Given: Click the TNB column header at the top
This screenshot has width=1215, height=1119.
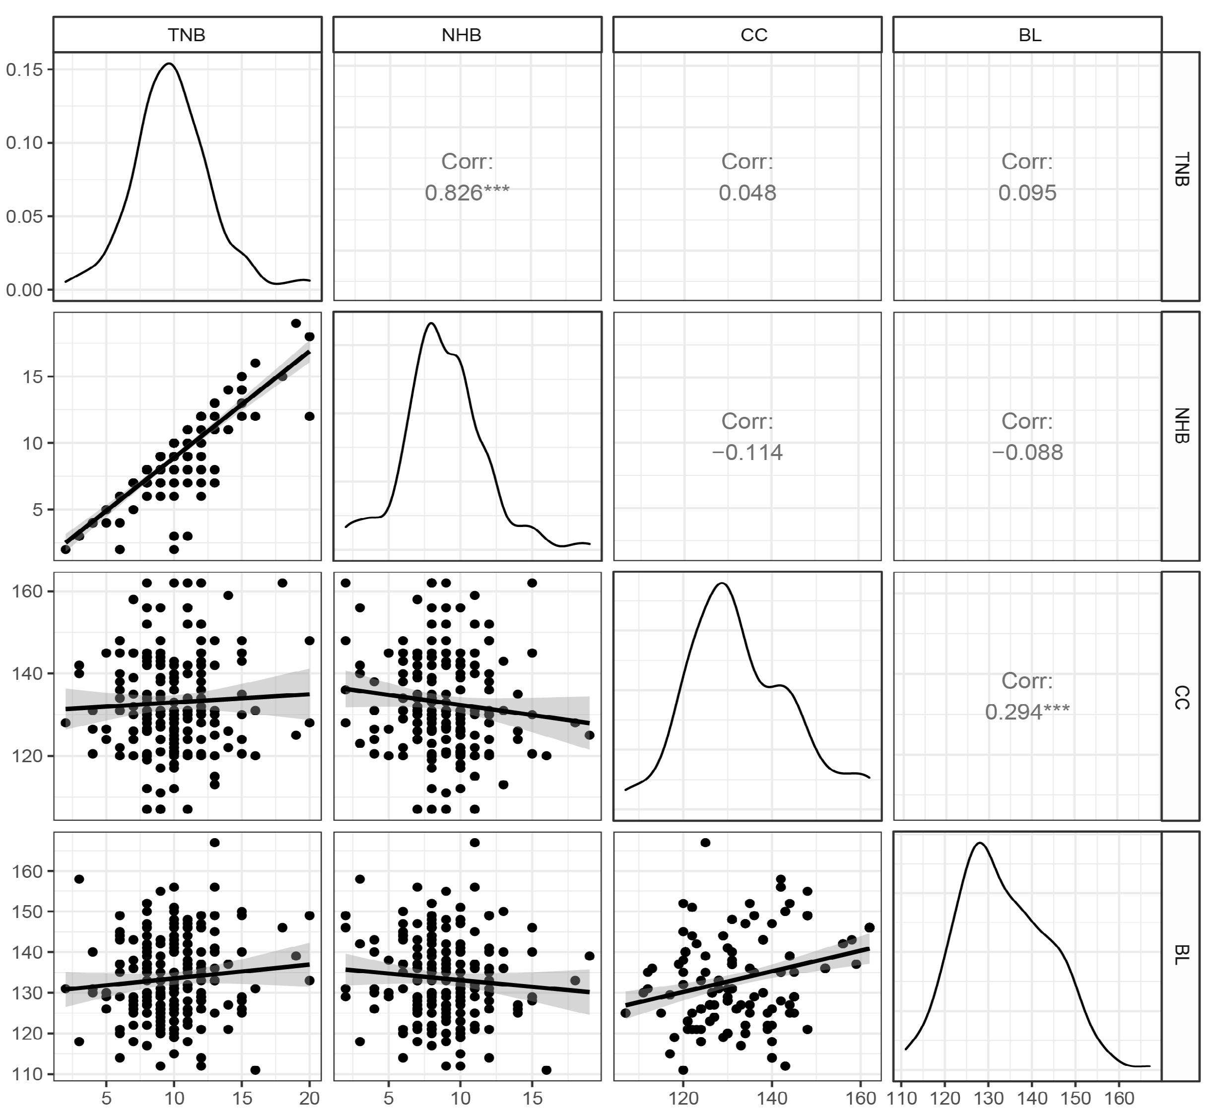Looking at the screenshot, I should [x=187, y=35].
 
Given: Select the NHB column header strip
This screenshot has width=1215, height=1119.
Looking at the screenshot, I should [x=467, y=35].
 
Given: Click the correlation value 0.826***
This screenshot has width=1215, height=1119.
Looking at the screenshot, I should [x=467, y=193].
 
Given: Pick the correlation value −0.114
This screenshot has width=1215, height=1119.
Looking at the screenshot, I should [x=747, y=453].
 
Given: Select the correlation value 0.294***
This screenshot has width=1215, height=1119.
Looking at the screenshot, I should [x=1027, y=712].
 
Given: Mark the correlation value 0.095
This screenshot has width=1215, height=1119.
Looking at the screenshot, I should [x=1027, y=193].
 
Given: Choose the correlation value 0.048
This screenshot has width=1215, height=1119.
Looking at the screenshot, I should [x=747, y=193].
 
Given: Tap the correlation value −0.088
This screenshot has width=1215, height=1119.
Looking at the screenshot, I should [x=1027, y=453].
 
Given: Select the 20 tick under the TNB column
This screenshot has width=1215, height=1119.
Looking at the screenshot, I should [x=310, y=1098].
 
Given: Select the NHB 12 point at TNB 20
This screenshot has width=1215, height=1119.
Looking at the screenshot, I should [x=310, y=416].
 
